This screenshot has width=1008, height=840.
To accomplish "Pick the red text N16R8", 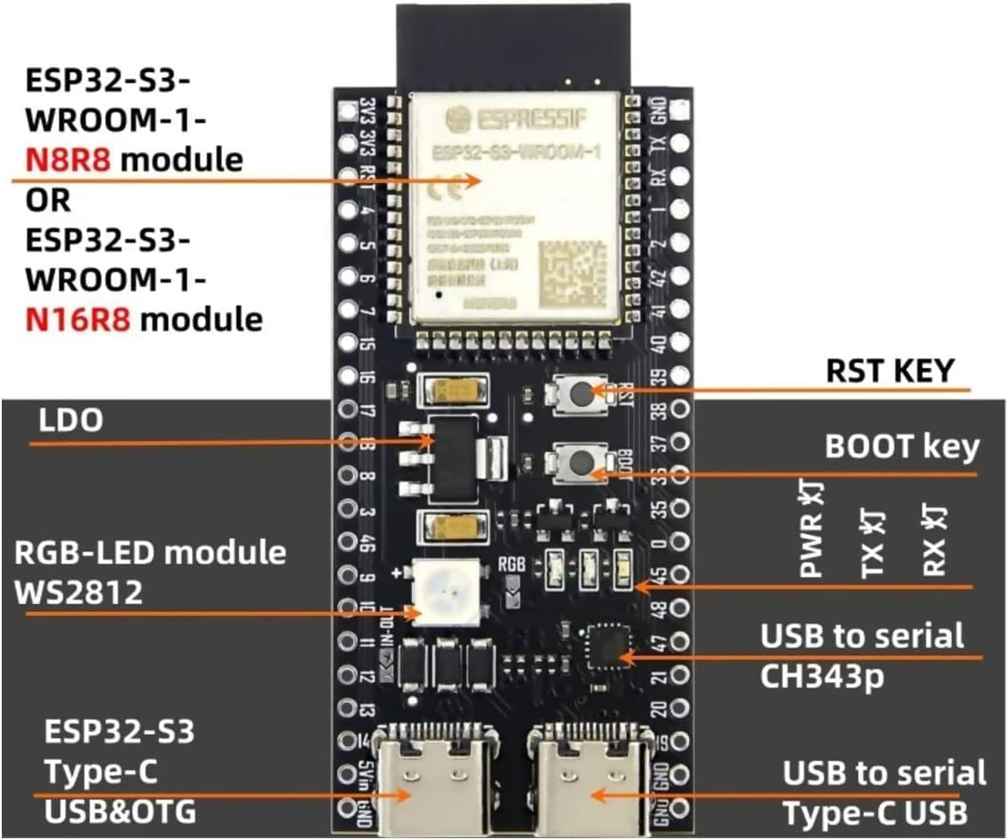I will point(78,318).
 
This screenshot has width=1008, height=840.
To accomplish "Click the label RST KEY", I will point(889,370).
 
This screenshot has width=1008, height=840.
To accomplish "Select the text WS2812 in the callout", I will point(78,592).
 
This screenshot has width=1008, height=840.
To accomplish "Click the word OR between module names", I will point(48,200).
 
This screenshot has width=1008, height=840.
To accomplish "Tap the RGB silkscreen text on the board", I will point(512,562).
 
